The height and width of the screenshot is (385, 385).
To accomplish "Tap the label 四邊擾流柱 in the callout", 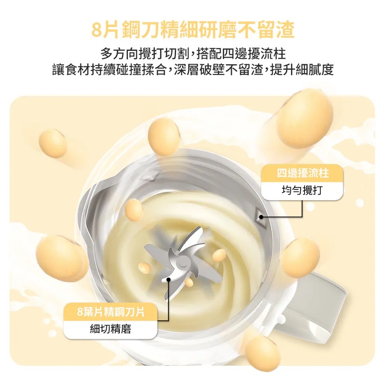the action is coord(302,173).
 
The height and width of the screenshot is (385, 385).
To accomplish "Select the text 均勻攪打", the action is coord(302,190).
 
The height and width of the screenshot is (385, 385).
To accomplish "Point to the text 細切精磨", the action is coord(110,329).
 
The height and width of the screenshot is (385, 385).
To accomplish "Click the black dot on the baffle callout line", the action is coord(261,217).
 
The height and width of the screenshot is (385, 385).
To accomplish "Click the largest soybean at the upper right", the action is coord(305,119).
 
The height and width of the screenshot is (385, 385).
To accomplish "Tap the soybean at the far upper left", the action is coord(53,143).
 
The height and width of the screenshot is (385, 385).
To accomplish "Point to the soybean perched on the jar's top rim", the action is coord(164,137).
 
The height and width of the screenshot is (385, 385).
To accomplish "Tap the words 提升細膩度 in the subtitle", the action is coord(302,69).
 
